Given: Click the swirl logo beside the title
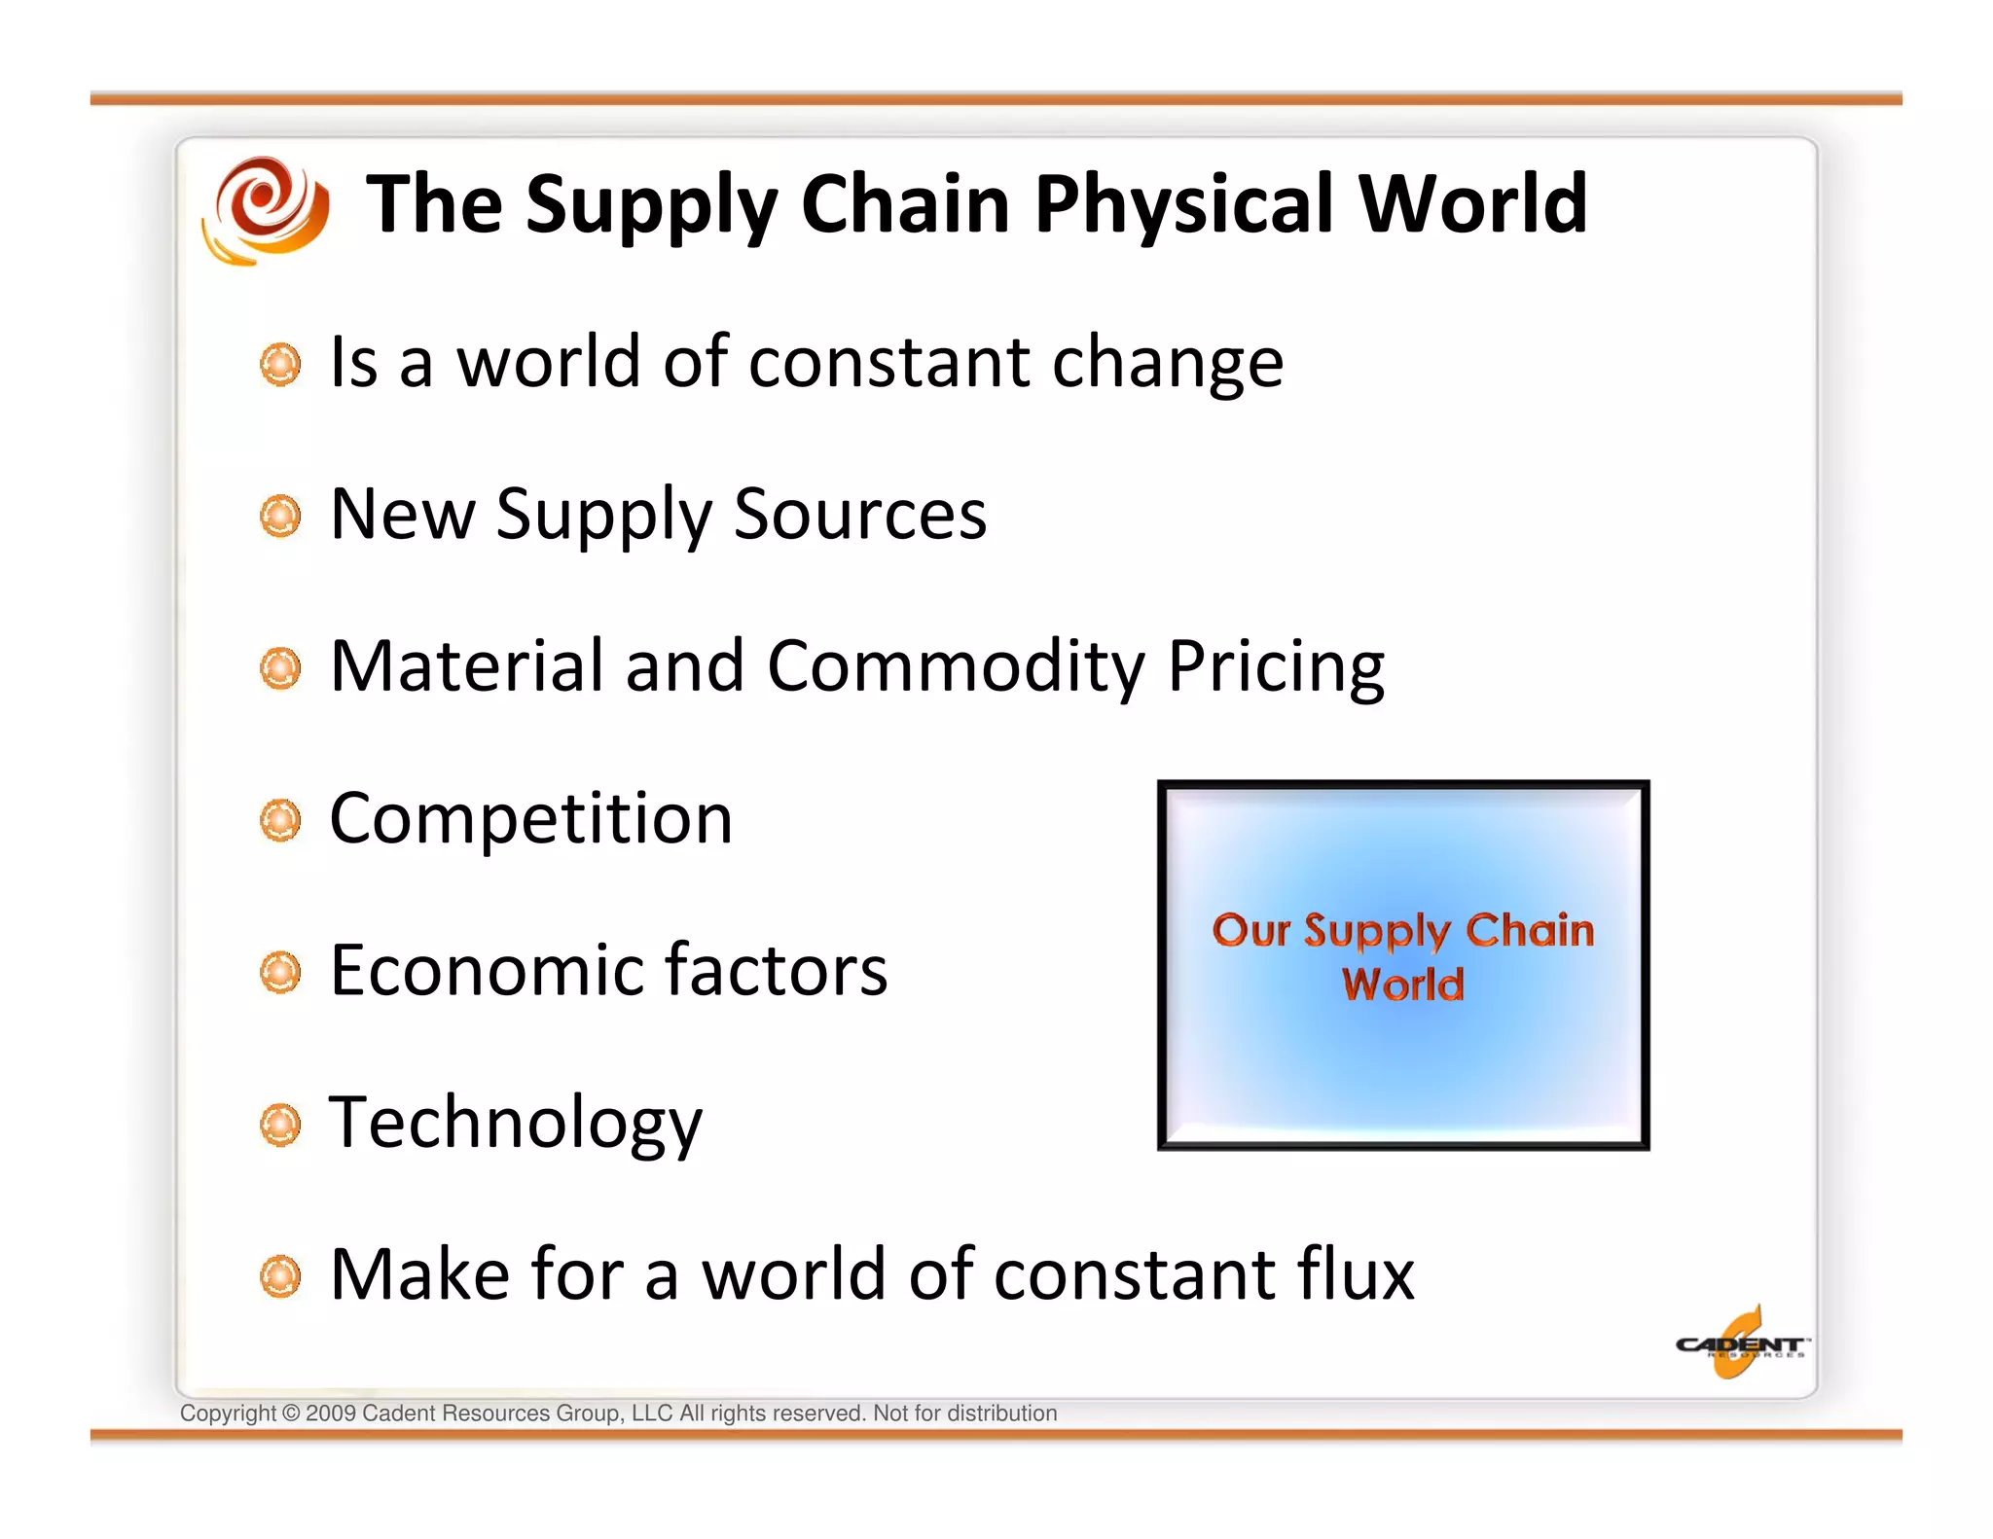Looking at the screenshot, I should click(266, 208).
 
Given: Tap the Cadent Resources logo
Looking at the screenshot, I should click(1740, 1344).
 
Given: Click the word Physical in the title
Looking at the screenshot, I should click(1183, 205).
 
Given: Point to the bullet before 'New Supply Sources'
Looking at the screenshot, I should click(281, 516).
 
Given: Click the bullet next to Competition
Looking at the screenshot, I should click(281, 820).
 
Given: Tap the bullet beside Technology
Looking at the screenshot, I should click(281, 1125).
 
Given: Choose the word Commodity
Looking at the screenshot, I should click(956, 667).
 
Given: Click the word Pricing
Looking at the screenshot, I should click(1275, 667).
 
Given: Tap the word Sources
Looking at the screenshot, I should click(859, 514).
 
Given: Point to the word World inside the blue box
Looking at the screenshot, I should click(1402, 984).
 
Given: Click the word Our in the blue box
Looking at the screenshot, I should click(1250, 930).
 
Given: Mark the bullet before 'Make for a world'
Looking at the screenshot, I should click(281, 1276).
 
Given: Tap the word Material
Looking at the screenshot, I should click(467, 666).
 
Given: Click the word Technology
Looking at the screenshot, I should click(515, 1124).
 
